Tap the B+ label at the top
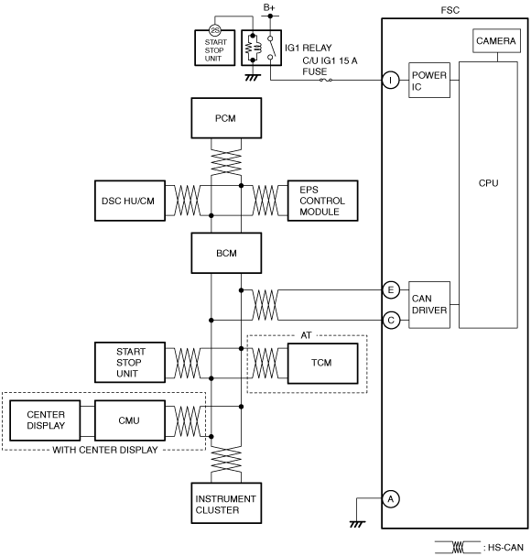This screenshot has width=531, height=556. click(269, 7)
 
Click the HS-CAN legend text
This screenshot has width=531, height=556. click(504, 548)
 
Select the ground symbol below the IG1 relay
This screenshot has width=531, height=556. click(253, 78)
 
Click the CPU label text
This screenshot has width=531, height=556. click(489, 183)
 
